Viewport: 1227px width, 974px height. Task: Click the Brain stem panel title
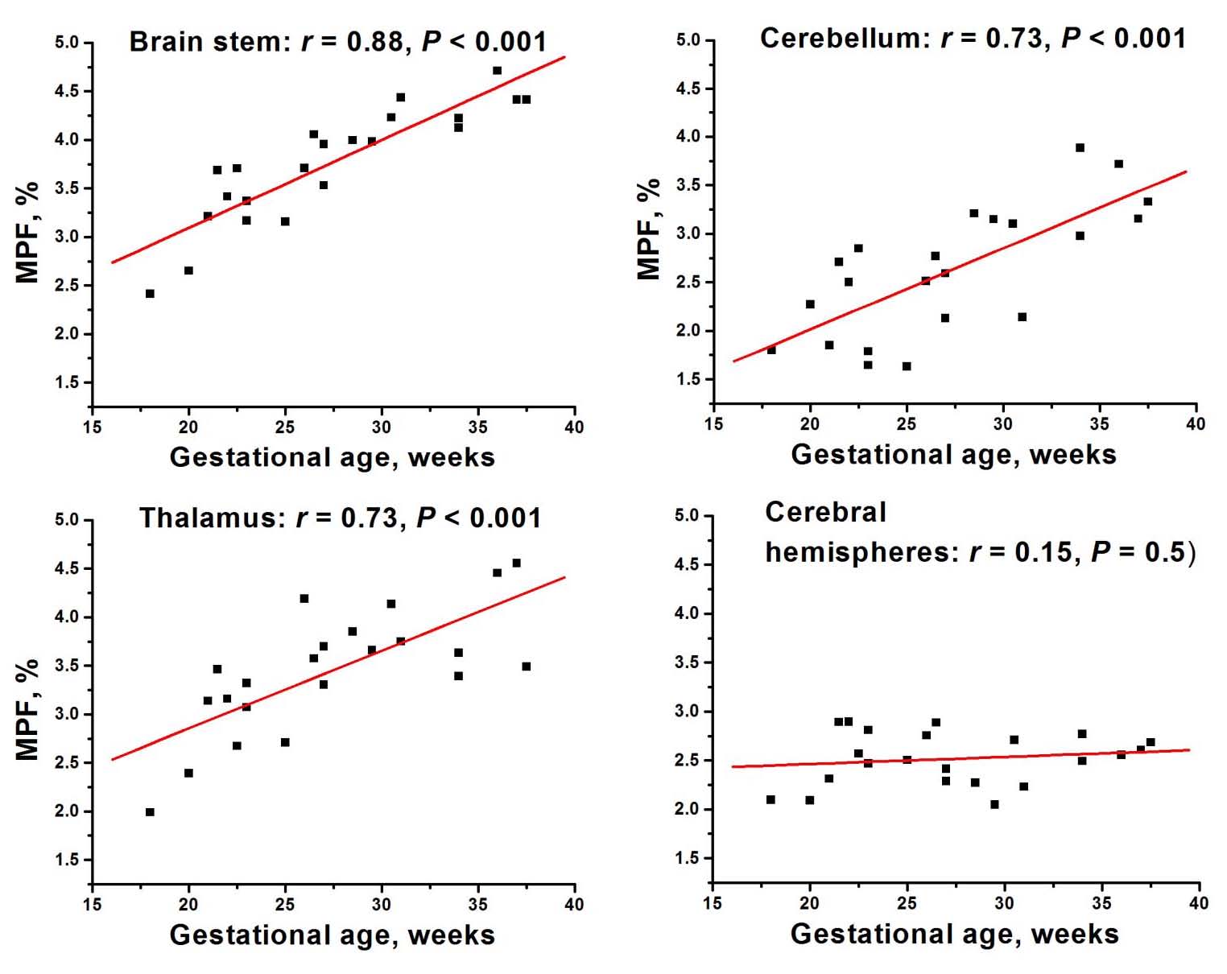(337, 41)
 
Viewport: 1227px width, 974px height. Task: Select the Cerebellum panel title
(973, 38)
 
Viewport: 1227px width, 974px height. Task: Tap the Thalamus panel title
(340, 517)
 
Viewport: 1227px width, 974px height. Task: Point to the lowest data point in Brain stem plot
(150, 294)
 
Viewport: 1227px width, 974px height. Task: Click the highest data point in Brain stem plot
(497, 71)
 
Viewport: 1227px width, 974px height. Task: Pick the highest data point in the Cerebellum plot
(1080, 148)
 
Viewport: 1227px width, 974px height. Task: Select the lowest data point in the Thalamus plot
(150, 812)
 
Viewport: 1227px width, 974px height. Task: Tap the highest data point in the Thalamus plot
(516, 563)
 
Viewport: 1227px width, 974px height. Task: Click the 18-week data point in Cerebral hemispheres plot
(770, 799)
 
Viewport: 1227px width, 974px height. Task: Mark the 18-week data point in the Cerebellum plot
(771, 350)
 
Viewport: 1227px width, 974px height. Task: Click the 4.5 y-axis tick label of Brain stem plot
(68, 91)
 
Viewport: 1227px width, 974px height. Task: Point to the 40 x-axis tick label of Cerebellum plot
(1196, 424)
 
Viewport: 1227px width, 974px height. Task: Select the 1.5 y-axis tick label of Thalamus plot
(68, 860)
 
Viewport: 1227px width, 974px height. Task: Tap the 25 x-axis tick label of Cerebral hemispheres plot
(907, 903)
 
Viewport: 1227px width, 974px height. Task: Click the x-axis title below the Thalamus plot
(332, 935)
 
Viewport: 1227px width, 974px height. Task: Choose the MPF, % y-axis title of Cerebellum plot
(649, 229)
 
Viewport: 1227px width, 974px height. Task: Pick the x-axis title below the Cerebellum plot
(953, 455)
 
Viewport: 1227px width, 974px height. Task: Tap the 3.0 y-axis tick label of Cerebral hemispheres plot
(688, 712)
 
